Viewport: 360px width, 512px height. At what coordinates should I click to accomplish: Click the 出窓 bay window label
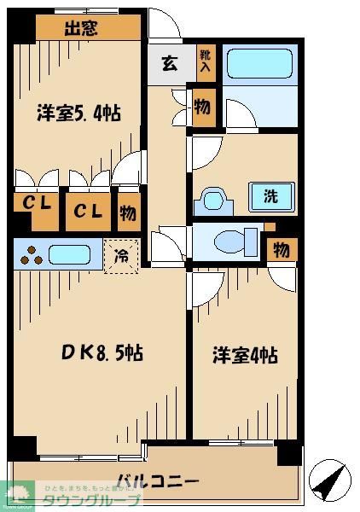tap(88, 27)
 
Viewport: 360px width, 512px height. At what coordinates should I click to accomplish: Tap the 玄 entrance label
tap(170, 65)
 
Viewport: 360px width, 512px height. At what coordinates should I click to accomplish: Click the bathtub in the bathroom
tap(258, 64)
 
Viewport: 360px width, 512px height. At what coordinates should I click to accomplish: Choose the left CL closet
tap(34, 209)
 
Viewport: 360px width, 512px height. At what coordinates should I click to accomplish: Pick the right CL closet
tap(86, 211)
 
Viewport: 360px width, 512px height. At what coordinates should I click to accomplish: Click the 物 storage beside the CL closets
tap(127, 212)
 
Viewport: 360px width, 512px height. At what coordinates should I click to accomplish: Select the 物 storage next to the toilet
tap(280, 249)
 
